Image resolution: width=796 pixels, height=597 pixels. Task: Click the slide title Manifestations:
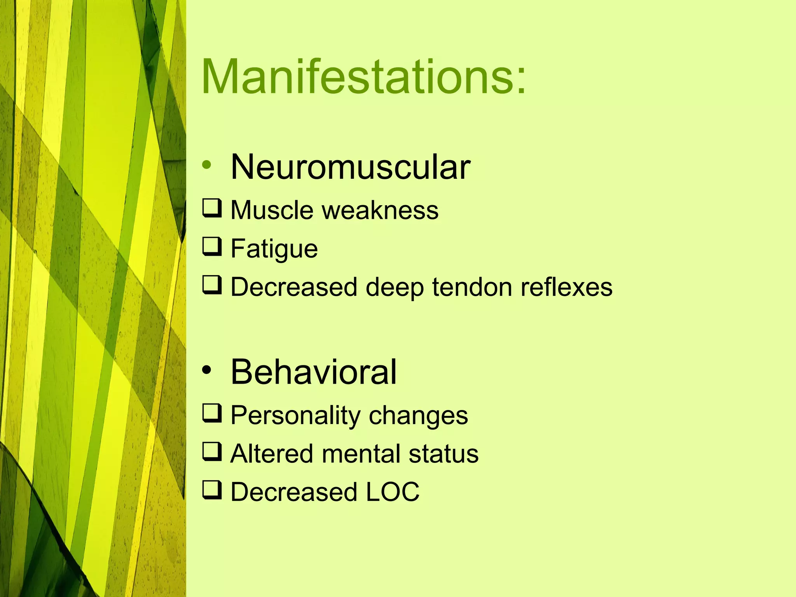point(364,77)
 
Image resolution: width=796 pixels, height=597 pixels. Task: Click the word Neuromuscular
point(350,167)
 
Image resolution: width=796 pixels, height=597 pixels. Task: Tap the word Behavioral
point(313,372)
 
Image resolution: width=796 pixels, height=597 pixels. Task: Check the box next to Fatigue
point(212,246)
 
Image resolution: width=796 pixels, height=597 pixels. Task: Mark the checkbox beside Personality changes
point(212,413)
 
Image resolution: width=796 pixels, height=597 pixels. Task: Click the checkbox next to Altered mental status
point(212,452)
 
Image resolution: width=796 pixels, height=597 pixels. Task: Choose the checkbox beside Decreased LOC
point(212,490)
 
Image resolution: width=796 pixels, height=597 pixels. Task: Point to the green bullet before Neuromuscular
point(206,165)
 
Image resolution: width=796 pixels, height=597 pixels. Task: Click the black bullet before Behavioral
point(206,370)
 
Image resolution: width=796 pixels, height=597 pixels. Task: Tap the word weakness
point(381,210)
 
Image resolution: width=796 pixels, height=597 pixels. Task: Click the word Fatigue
point(274,249)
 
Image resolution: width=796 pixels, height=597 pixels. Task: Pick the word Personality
point(295,416)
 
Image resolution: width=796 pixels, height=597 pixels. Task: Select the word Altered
point(272,454)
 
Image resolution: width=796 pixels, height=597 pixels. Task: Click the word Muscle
point(272,210)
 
